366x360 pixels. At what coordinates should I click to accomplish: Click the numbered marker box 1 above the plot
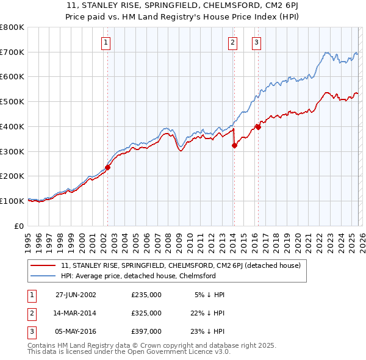click(x=106, y=42)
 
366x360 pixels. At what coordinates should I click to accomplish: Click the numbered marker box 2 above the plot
click(x=233, y=42)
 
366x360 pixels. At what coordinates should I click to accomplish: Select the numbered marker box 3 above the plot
click(x=256, y=42)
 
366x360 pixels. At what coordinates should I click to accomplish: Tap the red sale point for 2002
click(x=108, y=167)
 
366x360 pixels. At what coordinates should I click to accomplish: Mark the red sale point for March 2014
click(x=234, y=145)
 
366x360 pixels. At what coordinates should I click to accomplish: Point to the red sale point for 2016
click(x=257, y=127)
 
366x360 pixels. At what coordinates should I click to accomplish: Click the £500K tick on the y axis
click(x=12, y=102)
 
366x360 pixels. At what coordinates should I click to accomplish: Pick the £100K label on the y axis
click(x=12, y=201)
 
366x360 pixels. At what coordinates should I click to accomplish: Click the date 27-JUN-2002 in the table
click(x=76, y=295)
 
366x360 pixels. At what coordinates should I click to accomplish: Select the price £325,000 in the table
click(x=146, y=313)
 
